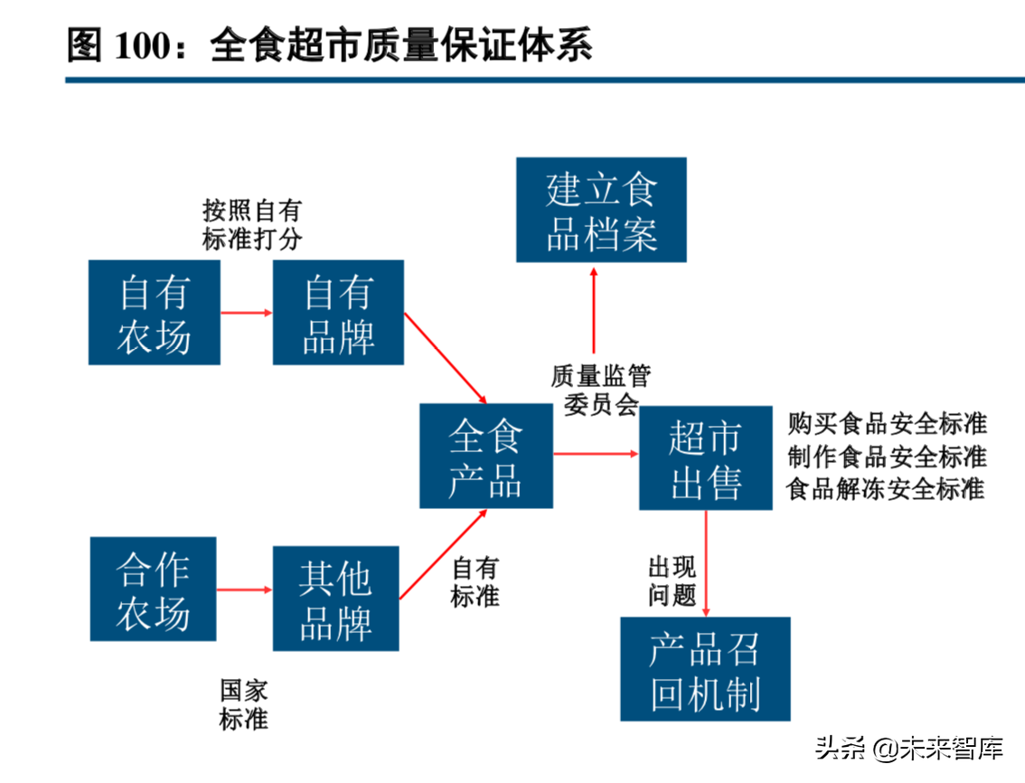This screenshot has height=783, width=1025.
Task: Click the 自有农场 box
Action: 155,313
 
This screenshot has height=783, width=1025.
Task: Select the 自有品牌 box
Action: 338,313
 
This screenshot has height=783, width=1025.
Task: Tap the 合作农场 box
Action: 154,589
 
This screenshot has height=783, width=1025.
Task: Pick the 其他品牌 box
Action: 335,598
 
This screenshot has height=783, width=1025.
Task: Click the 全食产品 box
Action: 486,456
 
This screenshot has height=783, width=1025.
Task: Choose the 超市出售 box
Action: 705,458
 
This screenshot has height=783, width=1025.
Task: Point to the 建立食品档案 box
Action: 601,210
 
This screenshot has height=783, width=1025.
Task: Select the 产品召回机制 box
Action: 705,669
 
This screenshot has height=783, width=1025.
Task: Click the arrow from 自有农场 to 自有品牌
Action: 246,313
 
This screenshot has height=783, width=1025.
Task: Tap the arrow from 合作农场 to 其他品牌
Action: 244,589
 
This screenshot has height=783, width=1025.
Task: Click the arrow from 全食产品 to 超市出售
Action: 595,454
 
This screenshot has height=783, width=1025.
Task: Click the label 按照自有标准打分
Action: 252,225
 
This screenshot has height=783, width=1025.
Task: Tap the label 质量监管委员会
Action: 601,389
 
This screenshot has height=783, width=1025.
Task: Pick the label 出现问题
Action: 672,581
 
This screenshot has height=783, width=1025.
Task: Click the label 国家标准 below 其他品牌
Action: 244,705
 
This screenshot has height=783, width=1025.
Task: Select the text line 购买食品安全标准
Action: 887,423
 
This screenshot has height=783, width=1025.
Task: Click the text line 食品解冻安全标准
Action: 886,489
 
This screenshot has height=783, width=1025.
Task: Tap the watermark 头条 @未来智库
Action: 910,749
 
